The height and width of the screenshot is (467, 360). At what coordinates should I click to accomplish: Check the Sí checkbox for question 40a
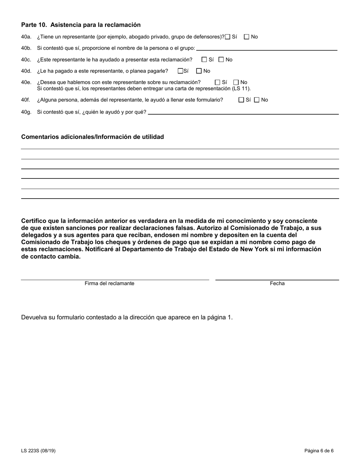(228, 37)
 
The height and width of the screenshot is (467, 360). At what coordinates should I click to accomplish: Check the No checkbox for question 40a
(247, 37)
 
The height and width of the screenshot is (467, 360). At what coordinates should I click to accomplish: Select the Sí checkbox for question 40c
(204, 60)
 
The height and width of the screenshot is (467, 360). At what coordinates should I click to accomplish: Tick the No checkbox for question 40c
(221, 60)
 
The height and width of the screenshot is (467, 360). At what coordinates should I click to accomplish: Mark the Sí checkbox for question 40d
(180, 71)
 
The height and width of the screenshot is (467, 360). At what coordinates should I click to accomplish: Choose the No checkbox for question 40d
(199, 71)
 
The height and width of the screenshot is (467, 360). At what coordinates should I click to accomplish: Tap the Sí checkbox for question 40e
(218, 82)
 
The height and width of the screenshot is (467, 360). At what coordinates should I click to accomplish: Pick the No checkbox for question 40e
(236, 82)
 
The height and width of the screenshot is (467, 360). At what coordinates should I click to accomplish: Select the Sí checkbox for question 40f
(241, 100)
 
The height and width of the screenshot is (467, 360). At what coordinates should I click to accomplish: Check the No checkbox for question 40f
(257, 100)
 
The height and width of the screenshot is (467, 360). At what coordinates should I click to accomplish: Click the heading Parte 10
(81, 25)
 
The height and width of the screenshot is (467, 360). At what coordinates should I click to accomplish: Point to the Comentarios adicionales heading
(92, 137)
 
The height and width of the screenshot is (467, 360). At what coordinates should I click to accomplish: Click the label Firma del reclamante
(110, 284)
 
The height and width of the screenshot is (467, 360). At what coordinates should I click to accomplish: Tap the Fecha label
(277, 284)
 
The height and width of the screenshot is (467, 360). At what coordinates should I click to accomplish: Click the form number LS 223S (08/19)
(38, 451)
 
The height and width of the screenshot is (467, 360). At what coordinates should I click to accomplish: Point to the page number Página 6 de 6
(319, 451)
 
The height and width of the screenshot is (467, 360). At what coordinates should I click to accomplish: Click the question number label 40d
(26, 71)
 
